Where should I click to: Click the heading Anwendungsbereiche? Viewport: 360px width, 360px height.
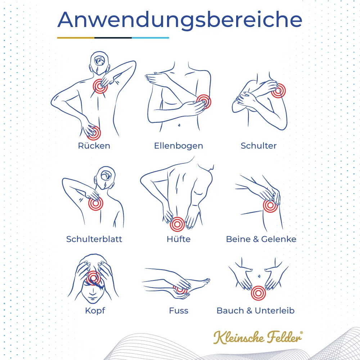180,20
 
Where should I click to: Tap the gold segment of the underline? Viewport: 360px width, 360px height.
76,37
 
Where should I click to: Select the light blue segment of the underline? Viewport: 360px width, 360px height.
150,37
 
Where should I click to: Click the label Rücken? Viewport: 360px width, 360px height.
94,146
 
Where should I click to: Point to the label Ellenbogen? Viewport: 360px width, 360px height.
179,146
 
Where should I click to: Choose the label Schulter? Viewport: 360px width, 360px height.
258,146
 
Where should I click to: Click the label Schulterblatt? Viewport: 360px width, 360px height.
94,239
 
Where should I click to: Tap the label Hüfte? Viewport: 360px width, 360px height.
179,239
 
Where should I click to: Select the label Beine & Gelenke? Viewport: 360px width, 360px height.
261,239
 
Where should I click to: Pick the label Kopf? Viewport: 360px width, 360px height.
95,310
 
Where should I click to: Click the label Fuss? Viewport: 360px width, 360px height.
179,310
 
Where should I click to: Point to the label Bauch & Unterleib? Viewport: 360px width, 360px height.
256,310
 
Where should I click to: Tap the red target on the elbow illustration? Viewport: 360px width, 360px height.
203,102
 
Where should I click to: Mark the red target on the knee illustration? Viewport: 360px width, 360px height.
270,206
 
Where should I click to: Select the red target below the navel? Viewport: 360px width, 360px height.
258,293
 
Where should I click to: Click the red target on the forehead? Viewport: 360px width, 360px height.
94,278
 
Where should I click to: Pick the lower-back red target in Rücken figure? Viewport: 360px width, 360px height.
94,133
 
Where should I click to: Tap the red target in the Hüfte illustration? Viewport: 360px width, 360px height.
177,225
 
